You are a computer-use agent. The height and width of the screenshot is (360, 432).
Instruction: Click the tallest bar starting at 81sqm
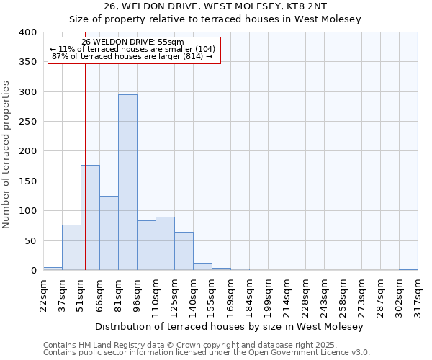click(x=127, y=182)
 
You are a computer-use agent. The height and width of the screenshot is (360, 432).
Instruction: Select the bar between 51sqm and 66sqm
click(x=90, y=217)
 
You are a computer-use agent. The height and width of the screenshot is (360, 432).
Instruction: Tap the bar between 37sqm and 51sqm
click(x=71, y=248)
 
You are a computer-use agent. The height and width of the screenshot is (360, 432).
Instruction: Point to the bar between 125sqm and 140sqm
click(x=184, y=251)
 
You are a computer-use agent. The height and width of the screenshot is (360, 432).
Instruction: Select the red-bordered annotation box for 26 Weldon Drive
click(x=134, y=49)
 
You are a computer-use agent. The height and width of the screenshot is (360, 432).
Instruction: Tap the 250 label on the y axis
click(x=27, y=122)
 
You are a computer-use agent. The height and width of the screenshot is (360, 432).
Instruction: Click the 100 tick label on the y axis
click(x=27, y=211)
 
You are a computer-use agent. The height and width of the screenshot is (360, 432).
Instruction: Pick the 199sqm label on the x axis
click(x=268, y=296)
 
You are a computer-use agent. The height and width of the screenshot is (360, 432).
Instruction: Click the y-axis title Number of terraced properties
click(x=6, y=155)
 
